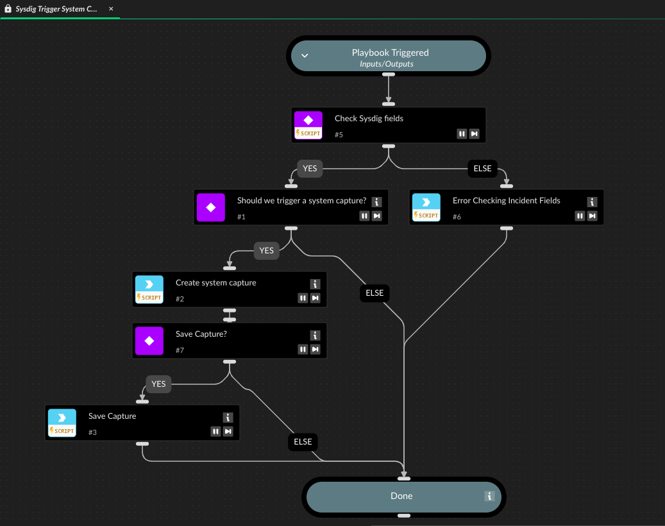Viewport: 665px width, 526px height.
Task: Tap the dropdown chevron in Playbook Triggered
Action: coord(305,56)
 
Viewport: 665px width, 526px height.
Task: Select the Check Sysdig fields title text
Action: coord(369,119)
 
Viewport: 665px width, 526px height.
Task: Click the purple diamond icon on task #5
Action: coord(308,120)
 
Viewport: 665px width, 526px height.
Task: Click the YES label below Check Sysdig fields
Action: coord(310,169)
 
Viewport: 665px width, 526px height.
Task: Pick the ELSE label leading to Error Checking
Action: coord(482,169)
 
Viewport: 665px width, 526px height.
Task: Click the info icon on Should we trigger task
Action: coord(376,202)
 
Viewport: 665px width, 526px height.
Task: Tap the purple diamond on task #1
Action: coord(211,207)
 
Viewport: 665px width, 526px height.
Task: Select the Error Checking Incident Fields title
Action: coord(506,201)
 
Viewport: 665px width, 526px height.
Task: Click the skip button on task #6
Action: coord(593,216)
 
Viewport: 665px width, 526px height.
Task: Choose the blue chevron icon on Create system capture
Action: coord(149,284)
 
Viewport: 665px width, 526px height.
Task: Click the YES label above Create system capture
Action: coord(267,251)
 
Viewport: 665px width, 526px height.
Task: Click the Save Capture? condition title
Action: coord(201,334)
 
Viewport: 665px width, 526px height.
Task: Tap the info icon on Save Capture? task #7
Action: coord(315,335)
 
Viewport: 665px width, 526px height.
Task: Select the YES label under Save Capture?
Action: coord(158,384)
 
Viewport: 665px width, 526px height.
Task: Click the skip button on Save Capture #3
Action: coord(228,432)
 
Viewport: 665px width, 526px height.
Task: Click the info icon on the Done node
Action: coord(489,496)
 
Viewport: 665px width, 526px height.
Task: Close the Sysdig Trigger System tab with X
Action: coord(111,9)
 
